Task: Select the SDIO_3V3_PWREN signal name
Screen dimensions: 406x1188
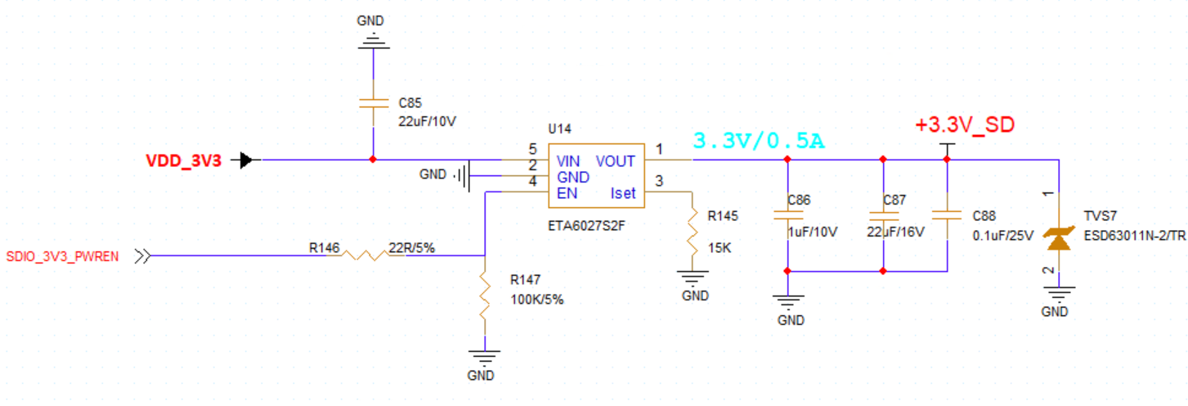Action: (x=62, y=256)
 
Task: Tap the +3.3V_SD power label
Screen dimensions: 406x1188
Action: (x=965, y=125)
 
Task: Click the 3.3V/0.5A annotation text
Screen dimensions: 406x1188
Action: (x=758, y=141)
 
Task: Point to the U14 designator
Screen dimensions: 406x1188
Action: (x=560, y=129)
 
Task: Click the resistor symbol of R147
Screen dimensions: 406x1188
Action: (x=485, y=295)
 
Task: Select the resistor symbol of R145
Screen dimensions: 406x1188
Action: (x=692, y=231)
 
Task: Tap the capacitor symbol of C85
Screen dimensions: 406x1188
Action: (x=373, y=102)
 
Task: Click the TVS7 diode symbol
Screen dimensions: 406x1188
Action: (x=1059, y=238)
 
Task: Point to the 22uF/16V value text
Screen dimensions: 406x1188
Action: (x=896, y=232)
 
